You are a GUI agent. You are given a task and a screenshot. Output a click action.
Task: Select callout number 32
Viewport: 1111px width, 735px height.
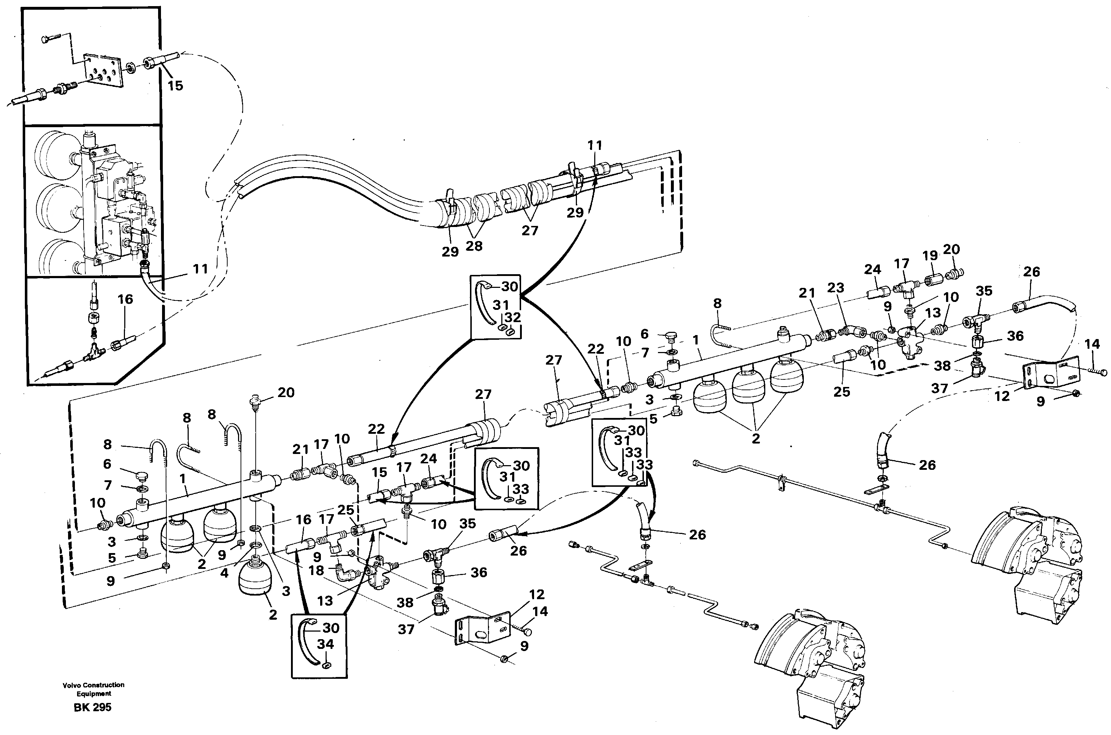pos(512,317)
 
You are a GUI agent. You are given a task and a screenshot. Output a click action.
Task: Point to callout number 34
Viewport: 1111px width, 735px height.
pos(325,644)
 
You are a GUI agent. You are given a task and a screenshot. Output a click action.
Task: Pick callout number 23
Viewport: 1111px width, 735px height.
pos(836,288)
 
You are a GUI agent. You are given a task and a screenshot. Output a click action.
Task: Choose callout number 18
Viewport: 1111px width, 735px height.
pos(316,570)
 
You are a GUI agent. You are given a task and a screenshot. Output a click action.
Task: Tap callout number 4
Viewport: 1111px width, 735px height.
pos(224,573)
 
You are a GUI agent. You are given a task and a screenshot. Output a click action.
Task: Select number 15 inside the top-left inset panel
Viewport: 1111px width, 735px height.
pos(175,86)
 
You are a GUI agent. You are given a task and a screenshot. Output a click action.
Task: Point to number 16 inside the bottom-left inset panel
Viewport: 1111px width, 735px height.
pos(125,299)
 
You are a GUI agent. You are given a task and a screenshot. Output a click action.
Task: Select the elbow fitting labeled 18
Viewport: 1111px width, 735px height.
pos(348,573)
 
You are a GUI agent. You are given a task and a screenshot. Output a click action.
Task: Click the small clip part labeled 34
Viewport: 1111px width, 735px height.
pos(327,664)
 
